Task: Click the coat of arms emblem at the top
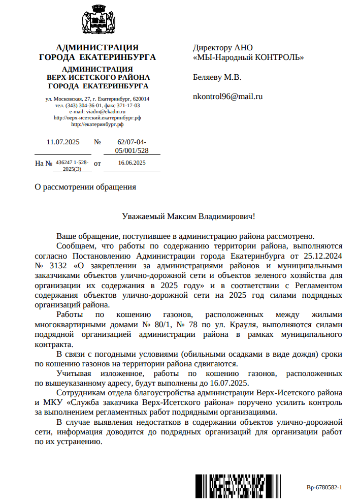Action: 97,21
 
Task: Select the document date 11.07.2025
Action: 63,142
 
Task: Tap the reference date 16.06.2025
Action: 132,163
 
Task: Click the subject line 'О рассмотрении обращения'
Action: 85,186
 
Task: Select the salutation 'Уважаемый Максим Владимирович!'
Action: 189,216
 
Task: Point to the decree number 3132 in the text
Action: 59,265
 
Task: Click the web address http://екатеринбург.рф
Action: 97,124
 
